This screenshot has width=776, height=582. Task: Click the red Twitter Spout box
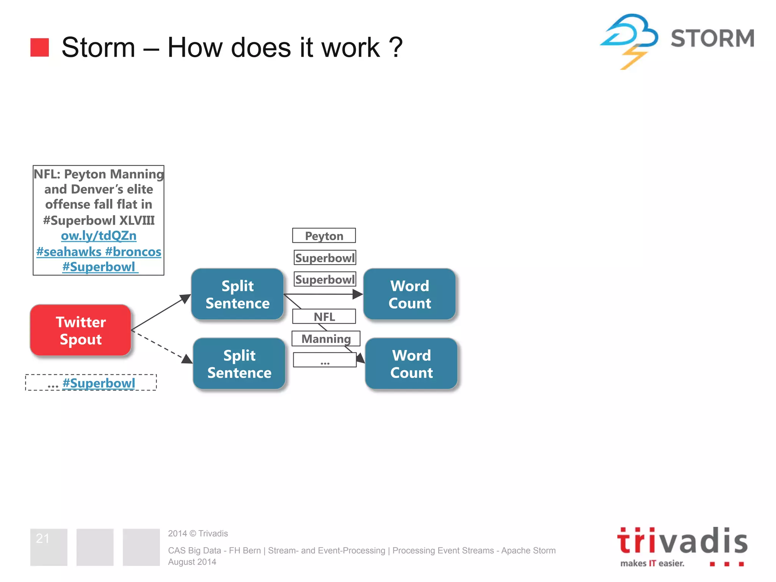(81, 330)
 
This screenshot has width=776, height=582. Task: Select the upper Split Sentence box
(238, 294)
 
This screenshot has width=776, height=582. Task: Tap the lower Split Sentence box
(239, 364)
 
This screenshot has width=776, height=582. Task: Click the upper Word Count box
(410, 294)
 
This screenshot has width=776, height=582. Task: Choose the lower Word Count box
(411, 364)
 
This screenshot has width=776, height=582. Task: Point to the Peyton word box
(324, 236)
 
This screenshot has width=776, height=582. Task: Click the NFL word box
(324, 316)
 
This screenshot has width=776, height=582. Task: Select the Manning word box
(326, 338)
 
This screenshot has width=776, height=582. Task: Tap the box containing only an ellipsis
(325, 360)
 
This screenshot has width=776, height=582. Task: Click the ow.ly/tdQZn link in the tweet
(99, 236)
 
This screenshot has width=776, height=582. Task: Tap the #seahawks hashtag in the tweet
(69, 252)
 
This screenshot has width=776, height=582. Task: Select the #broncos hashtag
(133, 252)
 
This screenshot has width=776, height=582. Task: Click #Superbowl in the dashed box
(99, 383)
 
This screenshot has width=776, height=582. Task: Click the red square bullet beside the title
(40, 47)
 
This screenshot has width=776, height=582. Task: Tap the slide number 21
(42, 538)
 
